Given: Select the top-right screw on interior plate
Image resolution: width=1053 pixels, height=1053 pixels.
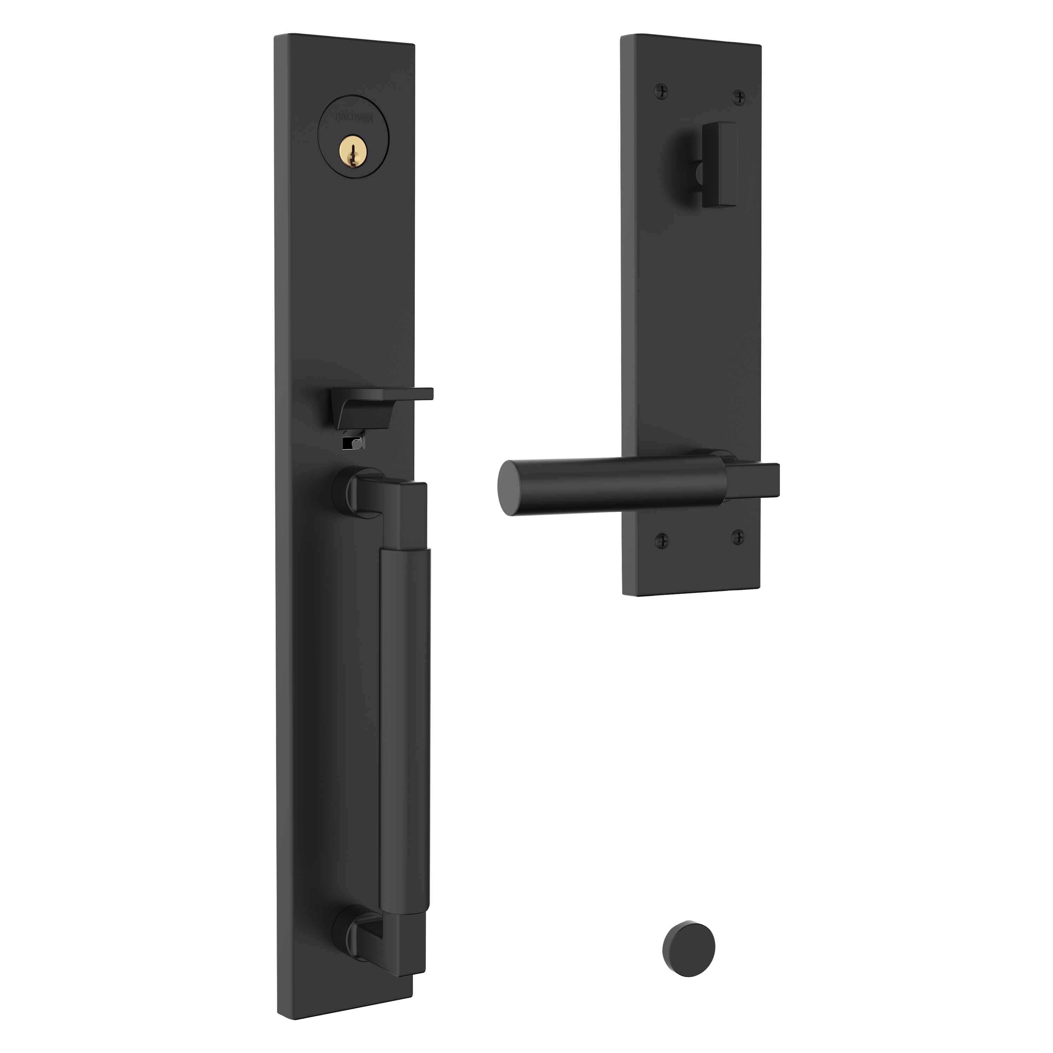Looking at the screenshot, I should pyautogui.click(x=739, y=97).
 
